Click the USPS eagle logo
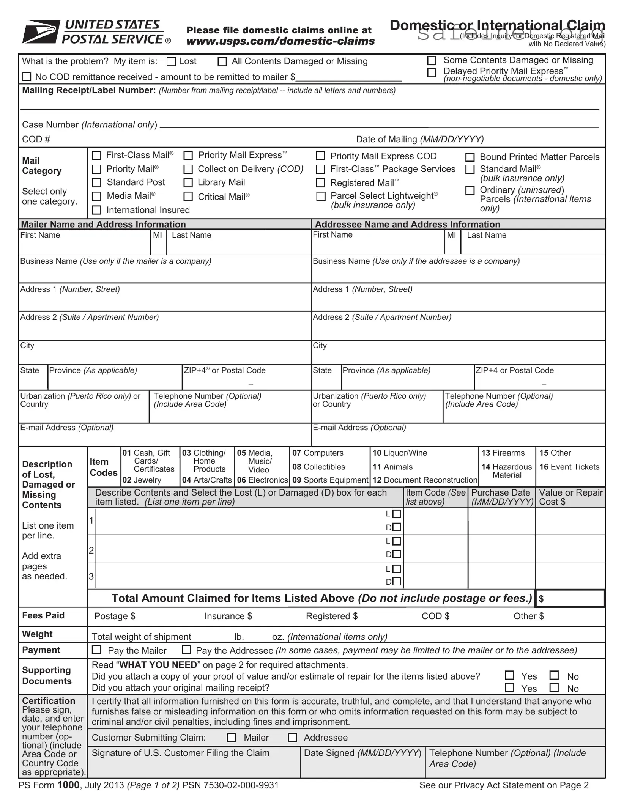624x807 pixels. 41,32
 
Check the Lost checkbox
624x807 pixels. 172,62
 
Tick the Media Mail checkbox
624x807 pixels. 97,196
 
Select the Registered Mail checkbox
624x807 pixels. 321,183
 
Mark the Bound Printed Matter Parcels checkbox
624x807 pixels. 470,157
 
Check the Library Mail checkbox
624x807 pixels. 188,183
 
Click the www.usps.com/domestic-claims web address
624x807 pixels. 280,41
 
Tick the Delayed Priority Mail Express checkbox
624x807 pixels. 432,72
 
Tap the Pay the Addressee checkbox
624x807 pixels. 186,650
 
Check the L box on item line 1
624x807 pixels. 397,514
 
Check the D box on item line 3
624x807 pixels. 397,581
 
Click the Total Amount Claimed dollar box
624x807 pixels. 570,598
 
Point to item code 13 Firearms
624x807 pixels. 503,453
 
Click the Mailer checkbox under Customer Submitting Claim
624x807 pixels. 231,738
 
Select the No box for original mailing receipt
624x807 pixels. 554,687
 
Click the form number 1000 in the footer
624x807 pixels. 68,785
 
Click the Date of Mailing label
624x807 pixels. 419,139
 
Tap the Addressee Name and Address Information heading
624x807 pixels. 408,224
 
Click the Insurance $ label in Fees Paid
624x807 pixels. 228,616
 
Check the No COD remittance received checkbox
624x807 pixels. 27,77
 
